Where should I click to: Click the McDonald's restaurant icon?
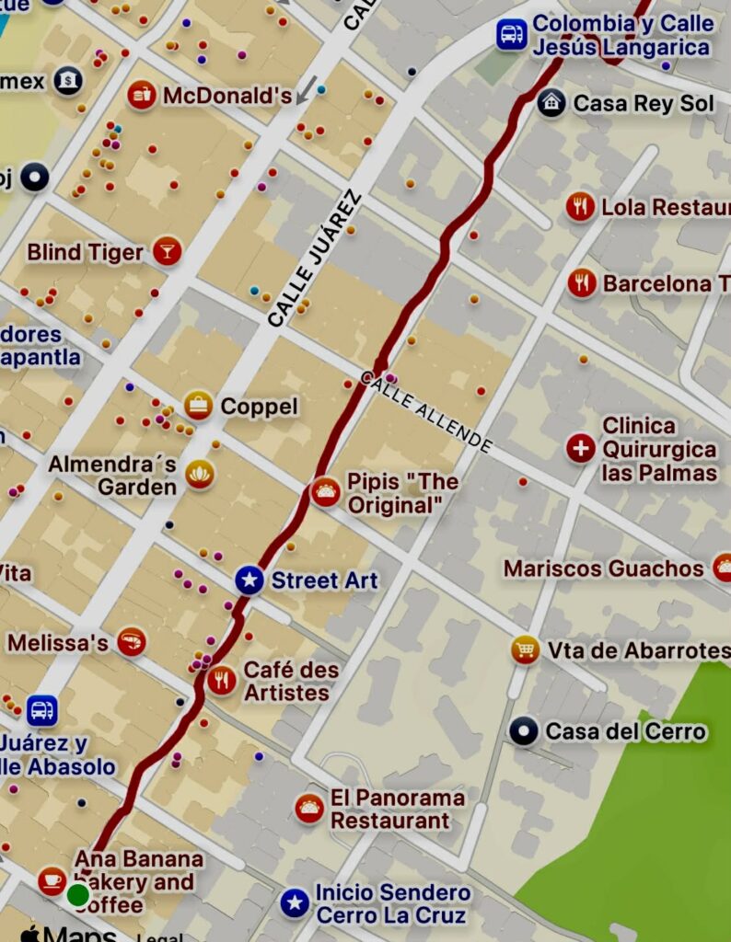141,95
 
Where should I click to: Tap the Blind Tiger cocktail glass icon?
167,251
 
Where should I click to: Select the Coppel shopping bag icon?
198,405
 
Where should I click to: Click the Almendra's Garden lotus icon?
199,475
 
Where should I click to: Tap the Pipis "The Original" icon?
325,493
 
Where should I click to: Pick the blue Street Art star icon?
249,580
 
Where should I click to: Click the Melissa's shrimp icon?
132,642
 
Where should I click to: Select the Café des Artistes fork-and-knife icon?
221,681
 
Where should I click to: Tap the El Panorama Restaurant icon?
309,809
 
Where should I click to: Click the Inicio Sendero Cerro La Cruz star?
295,903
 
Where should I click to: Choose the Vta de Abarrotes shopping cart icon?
526,649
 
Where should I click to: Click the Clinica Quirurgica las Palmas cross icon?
580,449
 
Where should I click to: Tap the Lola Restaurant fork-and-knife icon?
579,207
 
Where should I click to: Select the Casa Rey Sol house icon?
551,103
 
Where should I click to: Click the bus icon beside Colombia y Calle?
511,35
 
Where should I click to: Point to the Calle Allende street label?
426,411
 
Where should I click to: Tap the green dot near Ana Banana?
78,894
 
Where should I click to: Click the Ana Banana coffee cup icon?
52,880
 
